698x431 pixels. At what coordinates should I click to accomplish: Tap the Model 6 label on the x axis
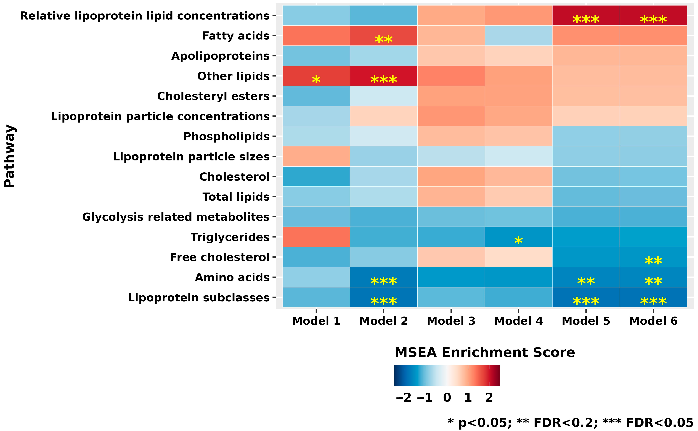tap(653, 321)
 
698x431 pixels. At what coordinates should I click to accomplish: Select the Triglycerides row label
tap(230, 237)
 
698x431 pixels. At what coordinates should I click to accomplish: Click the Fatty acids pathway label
tap(236, 36)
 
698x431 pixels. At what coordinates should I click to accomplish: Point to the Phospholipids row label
tap(226, 137)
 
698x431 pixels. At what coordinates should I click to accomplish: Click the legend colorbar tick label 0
tap(447, 397)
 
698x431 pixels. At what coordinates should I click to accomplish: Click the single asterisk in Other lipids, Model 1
tap(316, 80)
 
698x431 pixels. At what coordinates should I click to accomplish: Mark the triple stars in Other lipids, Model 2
tap(384, 80)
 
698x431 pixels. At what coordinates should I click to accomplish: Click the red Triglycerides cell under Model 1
tap(316, 237)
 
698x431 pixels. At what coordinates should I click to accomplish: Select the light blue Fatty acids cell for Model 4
tap(518, 36)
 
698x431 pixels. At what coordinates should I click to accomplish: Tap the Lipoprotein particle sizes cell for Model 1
tap(316, 157)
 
